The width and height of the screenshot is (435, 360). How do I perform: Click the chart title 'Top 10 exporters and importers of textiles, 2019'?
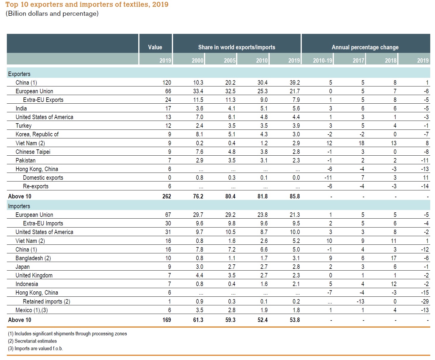click(x=87, y=5)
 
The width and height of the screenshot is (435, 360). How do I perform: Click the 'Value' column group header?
click(x=155, y=47)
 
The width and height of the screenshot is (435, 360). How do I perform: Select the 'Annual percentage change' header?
click(x=365, y=47)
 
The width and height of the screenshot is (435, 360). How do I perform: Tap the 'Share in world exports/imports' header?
click(x=236, y=47)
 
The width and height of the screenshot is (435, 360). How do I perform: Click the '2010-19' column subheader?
click(x=322, y=61)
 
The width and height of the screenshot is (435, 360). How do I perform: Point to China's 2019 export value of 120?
click(x=167, y=83)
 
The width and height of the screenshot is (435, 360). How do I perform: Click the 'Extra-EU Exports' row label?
click(x=43, y=100)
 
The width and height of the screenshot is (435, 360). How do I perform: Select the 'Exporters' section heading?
click(x=19, y=74)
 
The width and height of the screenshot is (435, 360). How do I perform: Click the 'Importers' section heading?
click(x=19, y=206)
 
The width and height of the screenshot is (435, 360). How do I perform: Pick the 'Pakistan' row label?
click(x=26, y=160)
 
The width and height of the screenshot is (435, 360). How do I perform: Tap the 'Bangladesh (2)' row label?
click(x=33, y=258)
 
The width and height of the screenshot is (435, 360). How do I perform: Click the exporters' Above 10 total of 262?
click(x=167, y=196)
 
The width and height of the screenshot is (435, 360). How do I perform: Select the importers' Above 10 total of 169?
click(x=167, y=320)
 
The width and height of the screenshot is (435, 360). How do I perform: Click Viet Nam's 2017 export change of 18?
click(x=361, y=143)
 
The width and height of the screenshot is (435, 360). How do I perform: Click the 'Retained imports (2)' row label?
click(x=46, y=301)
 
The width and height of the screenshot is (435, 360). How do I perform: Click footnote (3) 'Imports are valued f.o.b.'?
click(x=35, y=348)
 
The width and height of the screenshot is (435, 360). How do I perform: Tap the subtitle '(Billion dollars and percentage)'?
click(x=52, y=14)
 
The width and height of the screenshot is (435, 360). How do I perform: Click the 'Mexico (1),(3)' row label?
click(x=32, y=310)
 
